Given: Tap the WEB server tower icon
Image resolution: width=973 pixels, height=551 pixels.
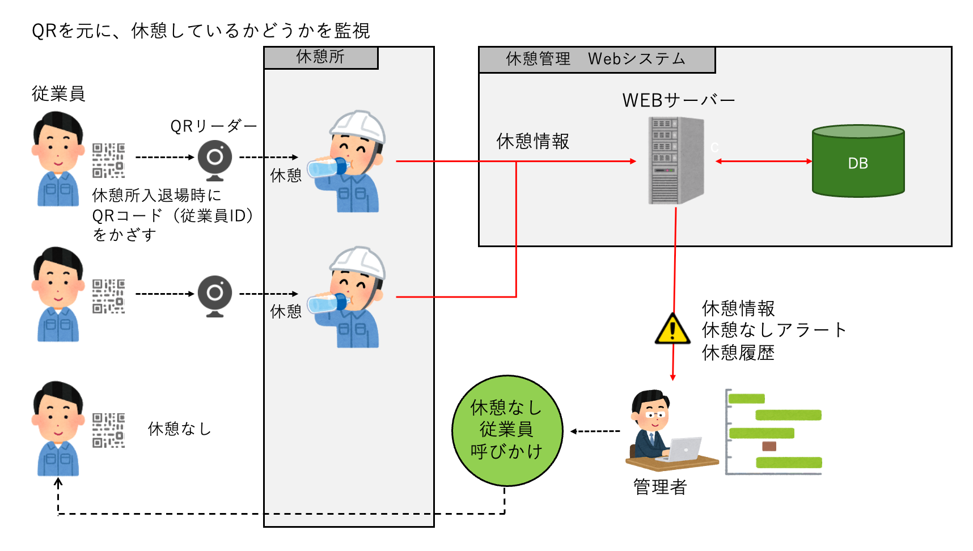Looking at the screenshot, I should (x=676, y=160).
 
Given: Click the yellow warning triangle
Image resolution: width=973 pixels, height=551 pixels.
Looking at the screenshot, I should (x=672, y=329).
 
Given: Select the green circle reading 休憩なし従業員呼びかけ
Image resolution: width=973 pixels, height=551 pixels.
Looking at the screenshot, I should (x=507, y=430).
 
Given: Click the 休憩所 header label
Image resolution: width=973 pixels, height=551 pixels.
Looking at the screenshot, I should (x=320, y=57).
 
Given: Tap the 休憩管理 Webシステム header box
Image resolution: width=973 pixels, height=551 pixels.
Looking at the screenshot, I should (x=597, y=60).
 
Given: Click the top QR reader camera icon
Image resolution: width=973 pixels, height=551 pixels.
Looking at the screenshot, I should (x=215, y=158).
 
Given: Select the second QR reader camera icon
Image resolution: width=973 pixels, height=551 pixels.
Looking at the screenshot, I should (x=215, y=294).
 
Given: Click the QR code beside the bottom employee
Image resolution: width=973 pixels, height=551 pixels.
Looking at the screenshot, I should (x=108, y=430).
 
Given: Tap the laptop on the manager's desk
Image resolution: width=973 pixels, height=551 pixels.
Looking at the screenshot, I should (x=683, y=450).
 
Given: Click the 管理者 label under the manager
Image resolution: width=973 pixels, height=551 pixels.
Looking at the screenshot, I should (x=660, y=487).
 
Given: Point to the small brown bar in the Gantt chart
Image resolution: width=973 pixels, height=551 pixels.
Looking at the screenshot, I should (x=769, y=446).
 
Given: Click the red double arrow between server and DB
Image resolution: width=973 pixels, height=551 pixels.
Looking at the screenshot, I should (x=763, y=162).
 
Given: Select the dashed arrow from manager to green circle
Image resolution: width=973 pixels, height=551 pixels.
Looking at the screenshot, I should (x=595, y=431).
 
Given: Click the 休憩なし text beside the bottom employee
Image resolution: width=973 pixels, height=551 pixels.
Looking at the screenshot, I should (x=179, y=429).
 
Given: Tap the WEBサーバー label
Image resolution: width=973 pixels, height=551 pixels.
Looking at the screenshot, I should (x=678, y=100).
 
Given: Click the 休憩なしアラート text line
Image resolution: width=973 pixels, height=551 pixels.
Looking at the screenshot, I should (x=773, y=330).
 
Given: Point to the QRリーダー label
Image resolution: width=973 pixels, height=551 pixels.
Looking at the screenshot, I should (x=214, y=126).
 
